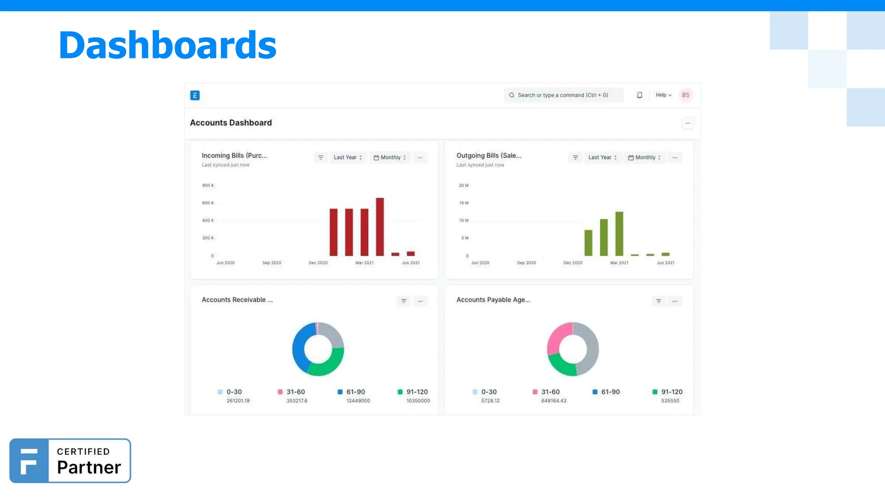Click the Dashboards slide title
(167, 45)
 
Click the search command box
(563, 95)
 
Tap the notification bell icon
(640, 95)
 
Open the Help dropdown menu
(663, 95)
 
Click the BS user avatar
(685, 95)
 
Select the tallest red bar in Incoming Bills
(380, 227)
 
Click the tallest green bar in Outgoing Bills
(619, 233)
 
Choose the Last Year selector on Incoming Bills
(347, 157)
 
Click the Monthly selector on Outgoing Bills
(644, 157)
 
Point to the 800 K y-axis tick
(208, 185)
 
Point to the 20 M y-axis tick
(464, 185)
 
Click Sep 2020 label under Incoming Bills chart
(272, 263)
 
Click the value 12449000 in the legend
(358, 401)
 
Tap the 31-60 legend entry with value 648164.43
(550, 392)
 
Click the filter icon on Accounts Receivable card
(404, 301)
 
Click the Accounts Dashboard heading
(231, 123)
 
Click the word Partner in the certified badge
(89, 467)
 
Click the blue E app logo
(195, 96)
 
